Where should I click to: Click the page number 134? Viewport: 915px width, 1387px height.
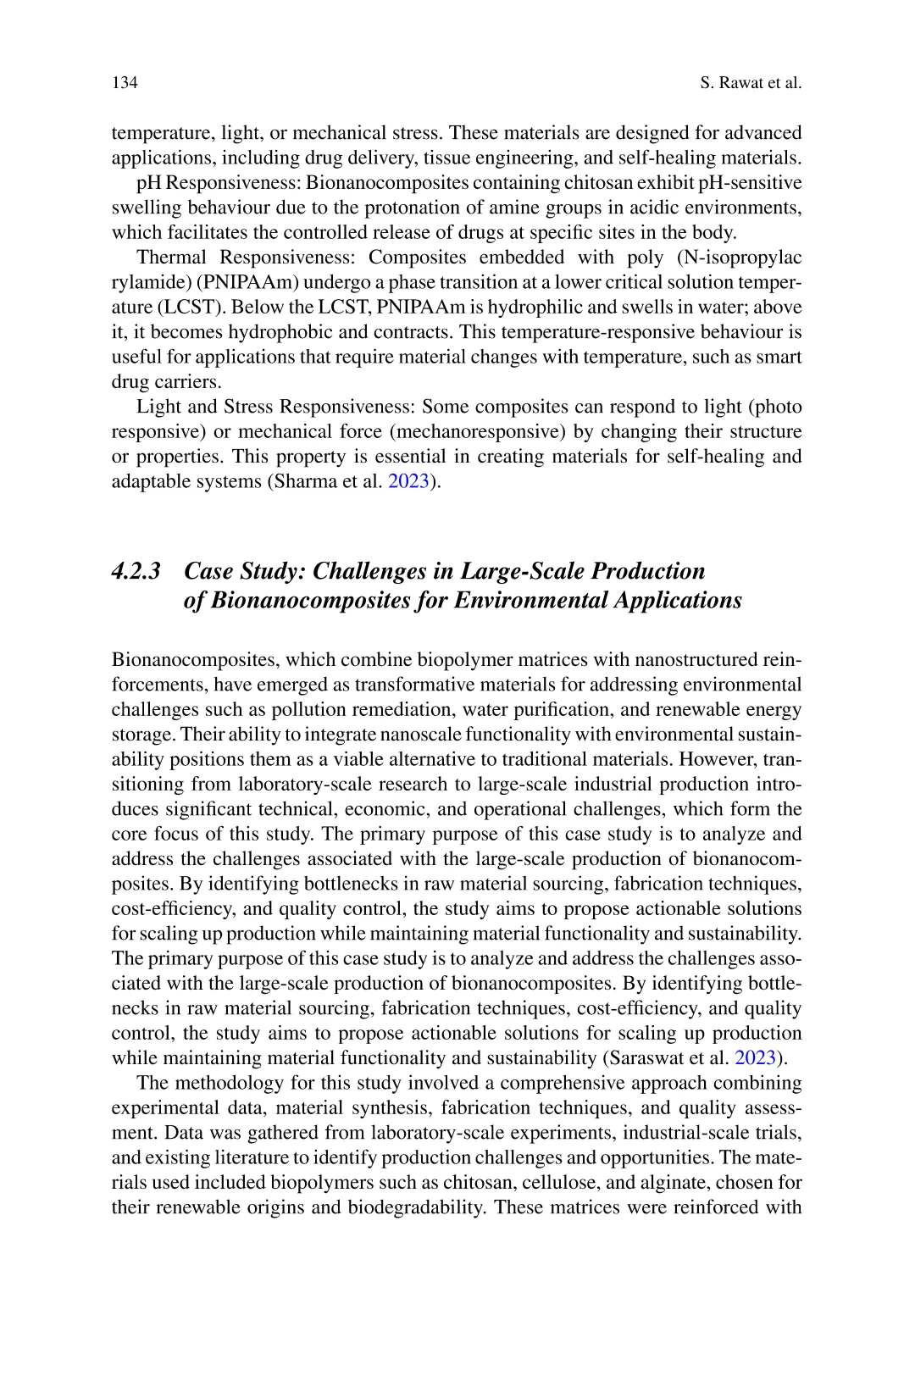(125, 83)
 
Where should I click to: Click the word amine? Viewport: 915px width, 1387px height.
(494, 208)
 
